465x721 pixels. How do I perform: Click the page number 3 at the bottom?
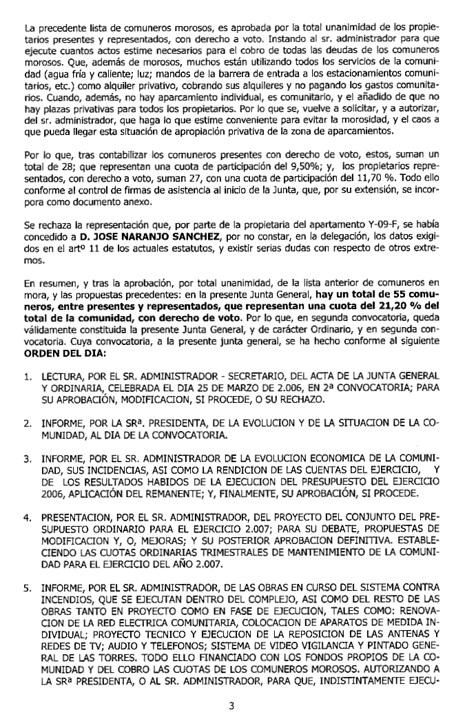(232, 704)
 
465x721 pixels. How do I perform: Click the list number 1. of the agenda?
(28, 375)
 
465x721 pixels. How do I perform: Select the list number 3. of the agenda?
(28, 458)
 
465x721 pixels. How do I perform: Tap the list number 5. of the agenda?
(28, 589)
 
